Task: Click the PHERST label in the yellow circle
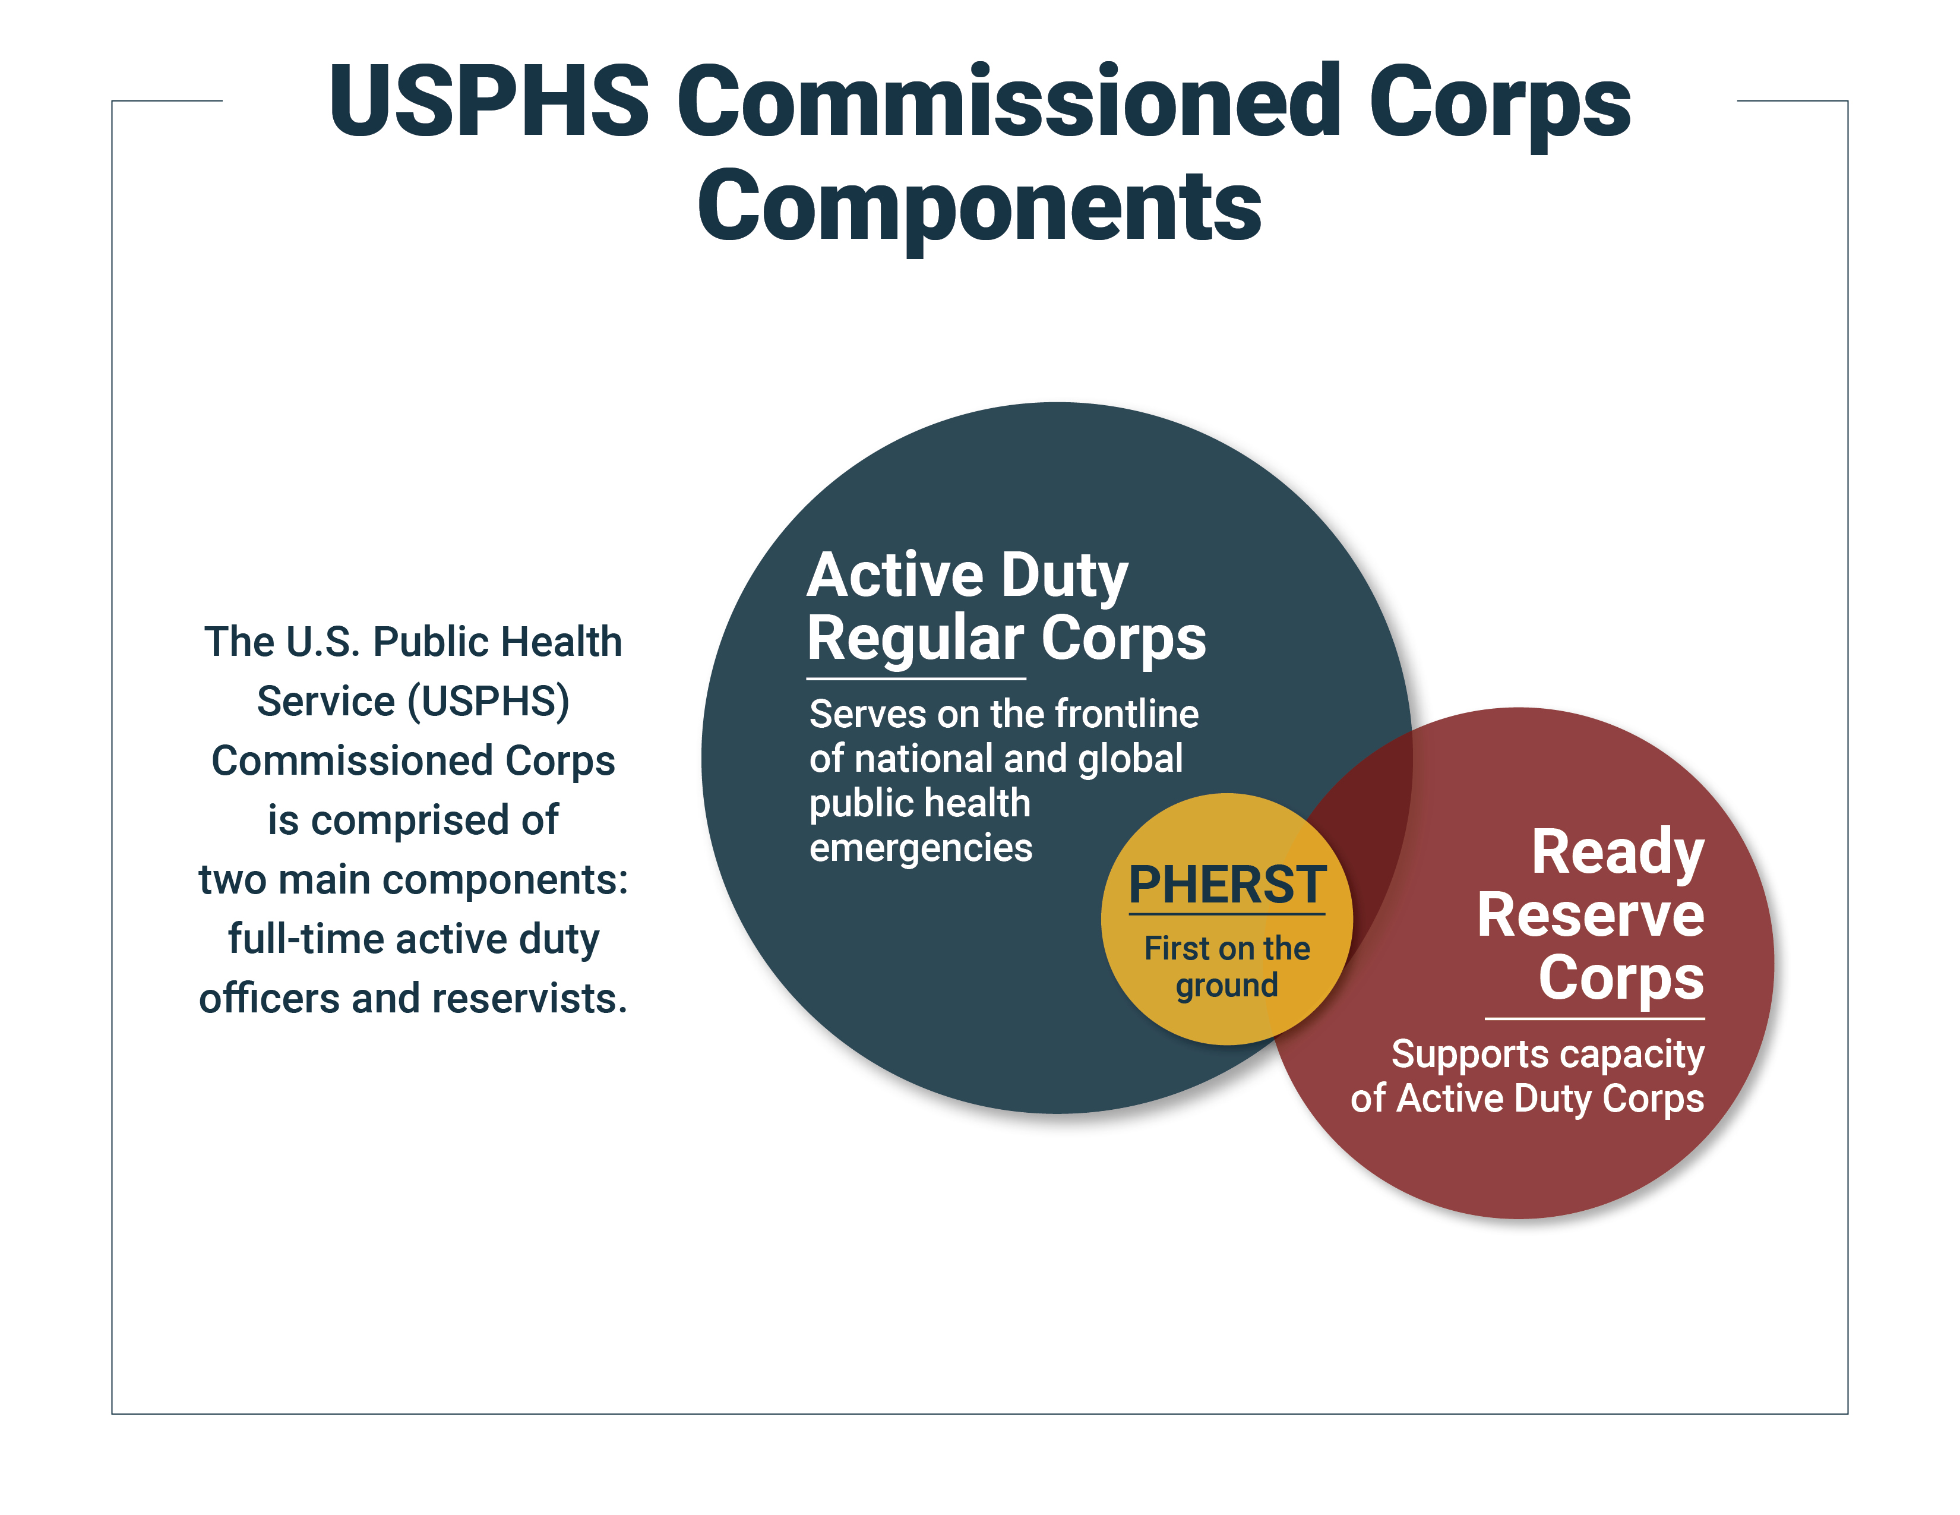tap(1227, 885)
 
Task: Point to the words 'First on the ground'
tap(1227, 967)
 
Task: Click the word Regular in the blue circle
tap(915, 640)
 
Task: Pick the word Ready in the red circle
tap(1617, 854)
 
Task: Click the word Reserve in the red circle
tap(1590, 916)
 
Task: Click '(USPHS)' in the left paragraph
tap(488, 702)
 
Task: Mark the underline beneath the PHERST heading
tap(1227, 914)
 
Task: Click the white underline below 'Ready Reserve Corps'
tap(1595, 1019)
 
